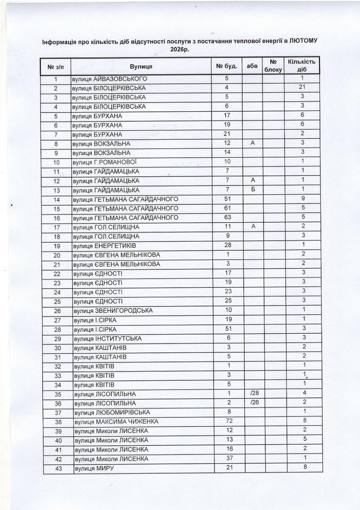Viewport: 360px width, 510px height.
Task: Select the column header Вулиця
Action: pos(141,66)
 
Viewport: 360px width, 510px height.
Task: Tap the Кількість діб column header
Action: pos(301,66)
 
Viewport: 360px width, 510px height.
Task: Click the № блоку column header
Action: pos(273,66)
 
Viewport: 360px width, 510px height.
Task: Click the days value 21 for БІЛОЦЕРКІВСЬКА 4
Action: pos(302,88)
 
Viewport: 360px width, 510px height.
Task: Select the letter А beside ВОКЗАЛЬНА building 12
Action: pos(252,144)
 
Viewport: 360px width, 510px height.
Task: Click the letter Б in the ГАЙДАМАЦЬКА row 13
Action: pos(252,190)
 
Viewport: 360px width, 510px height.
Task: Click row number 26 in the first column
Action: pos(56,311)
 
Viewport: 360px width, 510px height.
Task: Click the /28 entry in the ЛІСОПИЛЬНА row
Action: pos(252,394)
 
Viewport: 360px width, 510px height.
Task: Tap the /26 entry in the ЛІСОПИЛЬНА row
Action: pos(252,403)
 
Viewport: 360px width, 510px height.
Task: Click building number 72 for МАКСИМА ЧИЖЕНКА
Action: pos(227,422)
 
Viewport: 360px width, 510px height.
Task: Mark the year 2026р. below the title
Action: pos(180,49)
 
